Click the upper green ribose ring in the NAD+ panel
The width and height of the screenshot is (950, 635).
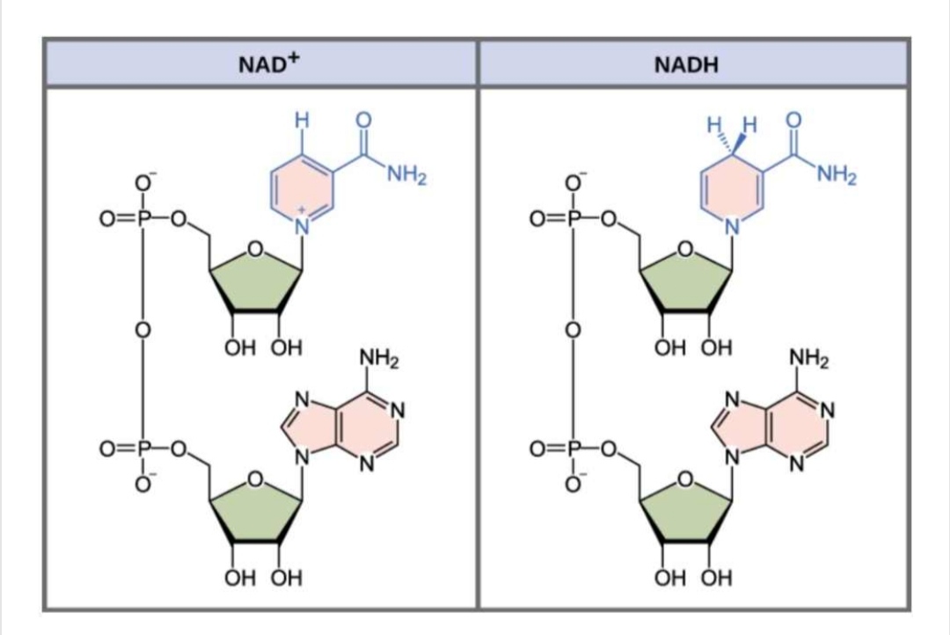coord(256,281)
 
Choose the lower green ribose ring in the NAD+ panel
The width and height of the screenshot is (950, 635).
coord(256,509)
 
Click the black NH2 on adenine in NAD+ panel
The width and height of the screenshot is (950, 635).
coord(380,359)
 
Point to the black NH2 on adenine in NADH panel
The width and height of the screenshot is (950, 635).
coord(809,359)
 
